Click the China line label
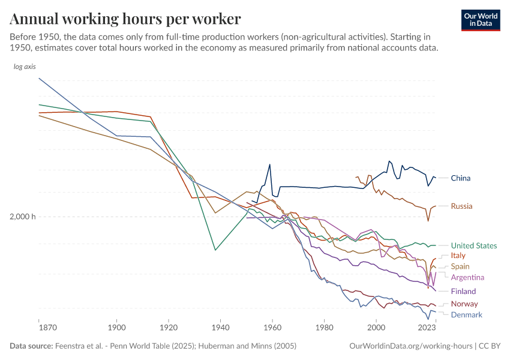tap(460, 178)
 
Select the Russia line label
tap(461, 206)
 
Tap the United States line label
tap(473, 245)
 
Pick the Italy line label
tap(458, 256)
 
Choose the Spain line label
tap(460, 266)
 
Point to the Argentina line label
tap(467, 277)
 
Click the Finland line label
tap(463, 292)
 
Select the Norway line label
tap(464, 304)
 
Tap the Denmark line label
tap(466, 315)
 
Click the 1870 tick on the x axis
tap(47, 328)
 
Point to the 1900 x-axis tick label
tap(116, 328)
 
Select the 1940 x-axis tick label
tap(220, 328)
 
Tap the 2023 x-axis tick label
tap(427, 328)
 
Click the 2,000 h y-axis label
tap(22, 217)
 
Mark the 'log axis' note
tap(25, 67)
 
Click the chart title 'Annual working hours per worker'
tap(125, 19)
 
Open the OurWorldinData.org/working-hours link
tap(410, 346)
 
